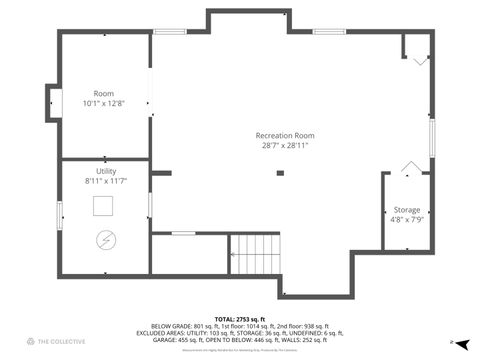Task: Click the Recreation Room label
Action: (x=284, y=135)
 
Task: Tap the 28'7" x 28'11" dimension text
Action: (x=284, y=146)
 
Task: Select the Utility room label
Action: (x=105, y=171)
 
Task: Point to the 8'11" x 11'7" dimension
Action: (x=105, y=181)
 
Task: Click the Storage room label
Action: (x=406, y=210)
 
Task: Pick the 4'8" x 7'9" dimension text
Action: (x=406, y=220)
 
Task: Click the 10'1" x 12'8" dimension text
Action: (x=103, y=103)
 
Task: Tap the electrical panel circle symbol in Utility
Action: (x=105, y=240)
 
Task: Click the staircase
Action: (x=256, y=254)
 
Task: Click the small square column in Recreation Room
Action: (x=280, y=173)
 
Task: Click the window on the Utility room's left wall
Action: (x=59, y=216)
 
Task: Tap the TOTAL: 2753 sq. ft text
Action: (x=239, y=318)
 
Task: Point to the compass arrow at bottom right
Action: (x=462, y=343)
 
